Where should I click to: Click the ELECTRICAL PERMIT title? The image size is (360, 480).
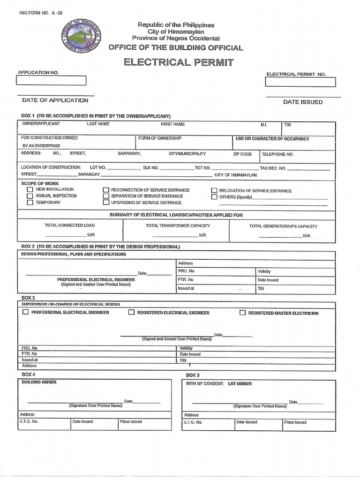(178, 62)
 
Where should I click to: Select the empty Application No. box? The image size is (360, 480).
(51, 81)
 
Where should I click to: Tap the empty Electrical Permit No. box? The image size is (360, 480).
(300, 82)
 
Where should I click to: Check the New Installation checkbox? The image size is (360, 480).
(30, 190)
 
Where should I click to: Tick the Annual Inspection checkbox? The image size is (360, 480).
(30, 196)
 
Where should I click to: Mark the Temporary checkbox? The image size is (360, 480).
(30, 202)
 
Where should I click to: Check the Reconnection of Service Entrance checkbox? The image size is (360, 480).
(106, 190)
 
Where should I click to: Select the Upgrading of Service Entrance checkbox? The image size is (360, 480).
(106, 202)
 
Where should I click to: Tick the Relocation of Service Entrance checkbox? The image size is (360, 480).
(214, 191)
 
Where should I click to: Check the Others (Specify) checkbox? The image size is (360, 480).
(214, 197)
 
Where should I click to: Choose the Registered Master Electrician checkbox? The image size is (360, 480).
(242, 313)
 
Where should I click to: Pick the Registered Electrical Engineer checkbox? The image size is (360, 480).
(131, 313)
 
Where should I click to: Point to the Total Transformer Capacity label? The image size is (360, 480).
(178, 225)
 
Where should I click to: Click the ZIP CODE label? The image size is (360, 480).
(242, 154)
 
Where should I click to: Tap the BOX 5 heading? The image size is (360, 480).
(193, 375)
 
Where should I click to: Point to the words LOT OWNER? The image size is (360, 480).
(240, 383)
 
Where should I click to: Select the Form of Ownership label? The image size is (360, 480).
(160, 138)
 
